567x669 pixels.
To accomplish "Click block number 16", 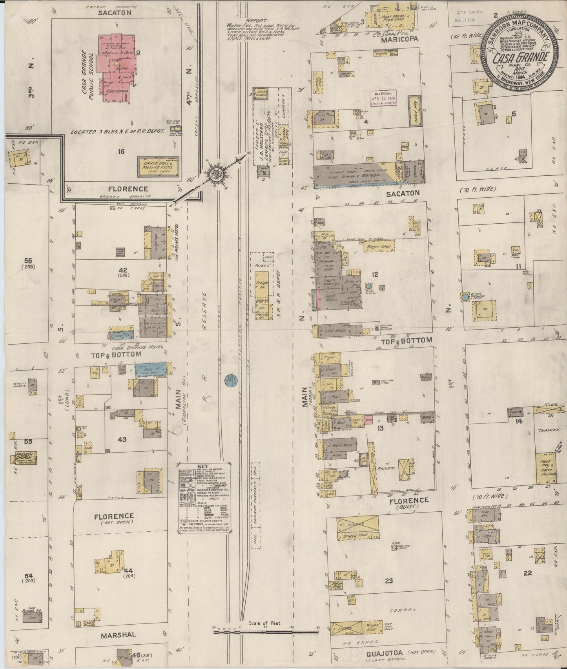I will pyautogui.click(x=121, y=151).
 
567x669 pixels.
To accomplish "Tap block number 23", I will pyautogui.click(x=388, y=580).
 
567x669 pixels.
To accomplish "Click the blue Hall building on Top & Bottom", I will pyautogui.click(x=150, y=370).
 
